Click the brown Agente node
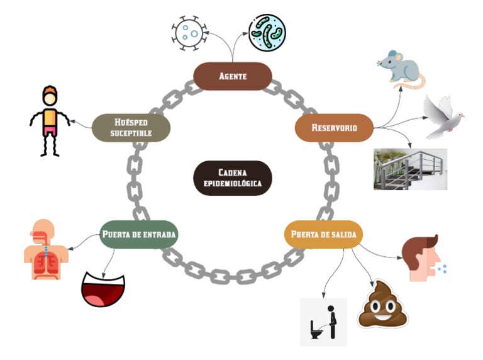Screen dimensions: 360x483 pos(232,76)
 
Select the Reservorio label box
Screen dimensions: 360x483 pos(334,128)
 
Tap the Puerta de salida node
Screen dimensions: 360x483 pos(323,235)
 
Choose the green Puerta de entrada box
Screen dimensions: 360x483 pos(139,235)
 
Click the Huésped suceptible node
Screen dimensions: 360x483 pos(131,127)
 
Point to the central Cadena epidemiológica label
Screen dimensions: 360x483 pos(231,178)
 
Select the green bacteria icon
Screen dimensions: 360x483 pos(267,33)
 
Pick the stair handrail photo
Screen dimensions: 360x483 pos(409,169)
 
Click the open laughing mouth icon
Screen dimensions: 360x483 pos(103,289)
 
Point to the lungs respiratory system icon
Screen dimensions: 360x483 pos(45,249)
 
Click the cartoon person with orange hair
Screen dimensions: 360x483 pos(50,120)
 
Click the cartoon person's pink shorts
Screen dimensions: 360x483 pos(50,131)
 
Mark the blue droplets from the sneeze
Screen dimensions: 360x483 pos(442,269)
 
